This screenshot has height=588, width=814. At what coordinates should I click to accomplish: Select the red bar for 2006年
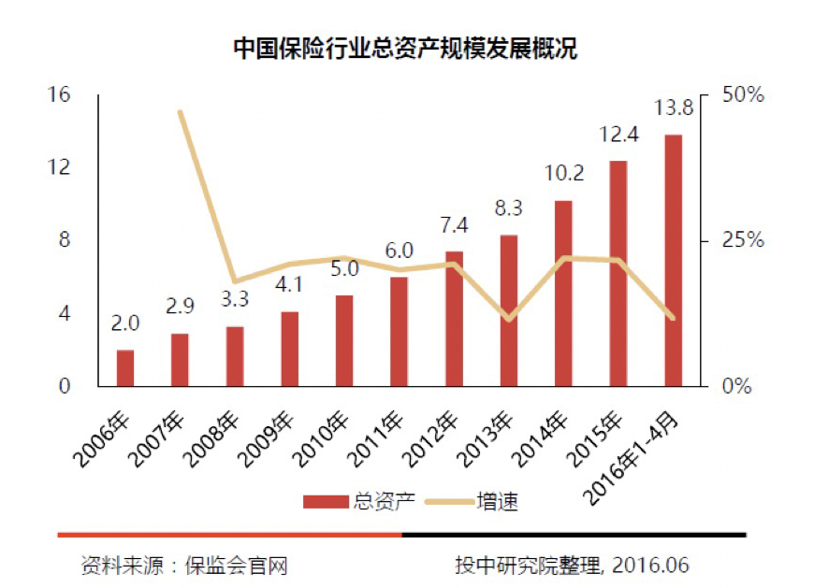point(124,367)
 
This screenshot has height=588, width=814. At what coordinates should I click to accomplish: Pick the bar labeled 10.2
point(563,293)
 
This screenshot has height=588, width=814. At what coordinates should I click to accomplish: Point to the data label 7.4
point(454,226)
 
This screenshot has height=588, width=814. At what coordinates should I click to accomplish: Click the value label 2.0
point(124,324)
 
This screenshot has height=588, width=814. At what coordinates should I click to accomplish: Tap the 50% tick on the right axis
point(745,95)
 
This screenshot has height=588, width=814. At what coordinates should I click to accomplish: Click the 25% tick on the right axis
point(745,240)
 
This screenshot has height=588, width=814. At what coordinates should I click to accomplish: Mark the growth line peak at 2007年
point(180,112)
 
